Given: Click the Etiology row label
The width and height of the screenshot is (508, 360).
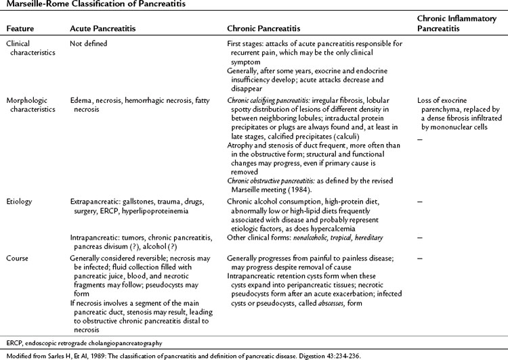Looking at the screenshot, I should click(20, 201).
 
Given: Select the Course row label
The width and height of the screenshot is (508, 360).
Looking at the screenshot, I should click(18, 258).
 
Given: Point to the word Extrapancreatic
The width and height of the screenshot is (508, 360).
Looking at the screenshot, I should click(96, 201).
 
